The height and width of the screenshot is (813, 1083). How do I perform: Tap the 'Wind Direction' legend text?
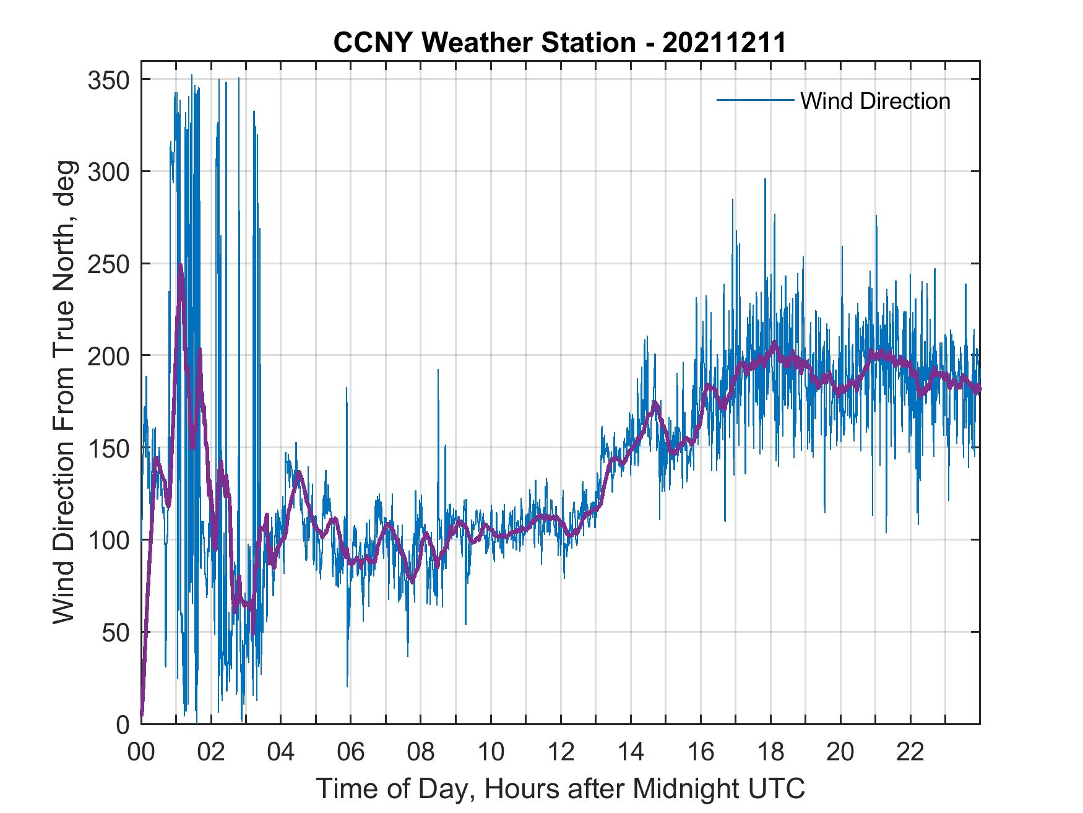pyautogui.click(x=875, y=101)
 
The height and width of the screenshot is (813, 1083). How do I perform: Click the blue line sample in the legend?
pyautogui.click(x=755, y=100)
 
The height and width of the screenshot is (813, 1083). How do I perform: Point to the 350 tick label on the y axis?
pyautogui.click(x=108, y=80)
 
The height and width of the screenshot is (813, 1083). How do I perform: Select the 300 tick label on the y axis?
pyautogui.click(x=108, y=172)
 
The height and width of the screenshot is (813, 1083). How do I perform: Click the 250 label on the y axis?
pyautogui.click(x=108, y=264)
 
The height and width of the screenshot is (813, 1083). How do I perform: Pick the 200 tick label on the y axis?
pyautogui.click(x=108, y=355)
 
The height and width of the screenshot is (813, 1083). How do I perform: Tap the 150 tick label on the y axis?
pyautogui.click(x=108, y=448)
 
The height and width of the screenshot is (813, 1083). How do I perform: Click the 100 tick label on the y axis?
pyautogui.click(x=108, y=540)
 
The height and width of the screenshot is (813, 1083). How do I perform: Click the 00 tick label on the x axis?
pyautogui.click(x=141, y=753)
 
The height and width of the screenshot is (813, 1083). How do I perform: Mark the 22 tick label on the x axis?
pyautogui.click(x=910, y=753)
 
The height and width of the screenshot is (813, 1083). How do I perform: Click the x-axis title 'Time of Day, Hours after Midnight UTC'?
pyautogui.click(x=560, y=788)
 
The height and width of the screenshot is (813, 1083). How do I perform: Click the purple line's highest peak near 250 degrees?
pyautogui.click(x=180, y=265)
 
